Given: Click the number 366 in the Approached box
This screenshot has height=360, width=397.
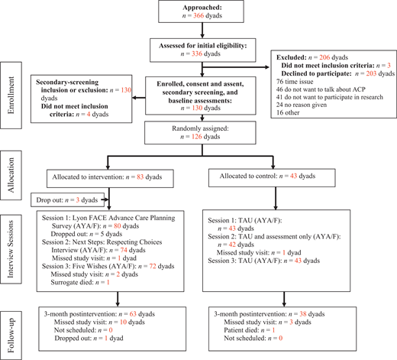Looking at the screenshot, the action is [198, 15].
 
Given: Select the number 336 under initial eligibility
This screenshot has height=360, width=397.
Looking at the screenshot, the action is [197, 54].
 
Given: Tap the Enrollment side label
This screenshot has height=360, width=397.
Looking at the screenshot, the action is [11, 96].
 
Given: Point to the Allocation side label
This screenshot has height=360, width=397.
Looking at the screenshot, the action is [11, 175].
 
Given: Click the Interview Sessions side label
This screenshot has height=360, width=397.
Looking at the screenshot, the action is [11, 249].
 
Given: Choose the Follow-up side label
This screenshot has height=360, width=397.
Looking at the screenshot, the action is [11, 335].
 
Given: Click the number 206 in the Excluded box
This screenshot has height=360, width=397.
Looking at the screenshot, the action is [324, 57].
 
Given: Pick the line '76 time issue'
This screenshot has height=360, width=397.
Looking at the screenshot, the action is [295, 82].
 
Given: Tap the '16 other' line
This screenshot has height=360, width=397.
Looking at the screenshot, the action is [288, 112].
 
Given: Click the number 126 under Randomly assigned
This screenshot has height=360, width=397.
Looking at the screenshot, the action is [197, 137].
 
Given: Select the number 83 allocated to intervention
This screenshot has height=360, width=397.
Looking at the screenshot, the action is [140, 177].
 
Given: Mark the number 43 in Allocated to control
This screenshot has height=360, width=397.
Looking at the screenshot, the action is [293, 176].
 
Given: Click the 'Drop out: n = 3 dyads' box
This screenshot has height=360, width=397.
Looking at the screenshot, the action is [68, 199].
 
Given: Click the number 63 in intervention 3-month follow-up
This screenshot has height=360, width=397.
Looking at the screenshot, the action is [133, 314].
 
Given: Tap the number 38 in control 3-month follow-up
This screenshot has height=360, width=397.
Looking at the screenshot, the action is [303, 314].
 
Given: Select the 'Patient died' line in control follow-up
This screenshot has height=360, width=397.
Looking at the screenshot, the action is [250, 330].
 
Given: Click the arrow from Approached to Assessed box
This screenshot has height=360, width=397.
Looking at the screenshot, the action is [202, 31].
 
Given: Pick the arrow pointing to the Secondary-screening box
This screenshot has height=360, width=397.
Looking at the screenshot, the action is [139, 98].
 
